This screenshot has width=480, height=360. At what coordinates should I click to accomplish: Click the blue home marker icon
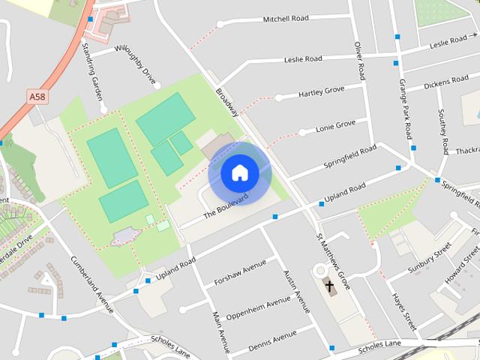tap(240, 173)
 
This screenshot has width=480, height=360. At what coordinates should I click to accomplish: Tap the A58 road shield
tap(37, 97)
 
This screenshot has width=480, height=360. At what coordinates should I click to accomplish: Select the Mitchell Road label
tap(286, 19)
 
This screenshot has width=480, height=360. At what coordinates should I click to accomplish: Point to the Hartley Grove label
tap(321, 91)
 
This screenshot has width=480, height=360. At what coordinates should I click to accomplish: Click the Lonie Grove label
tap(335, 125)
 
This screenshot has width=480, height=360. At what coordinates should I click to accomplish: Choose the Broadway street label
tap(226, 102)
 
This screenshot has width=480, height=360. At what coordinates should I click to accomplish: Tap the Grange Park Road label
tap(406, 109)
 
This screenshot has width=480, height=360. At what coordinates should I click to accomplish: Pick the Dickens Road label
tap(445, 81)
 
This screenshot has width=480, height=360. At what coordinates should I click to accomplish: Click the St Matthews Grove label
tap(334, 261)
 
